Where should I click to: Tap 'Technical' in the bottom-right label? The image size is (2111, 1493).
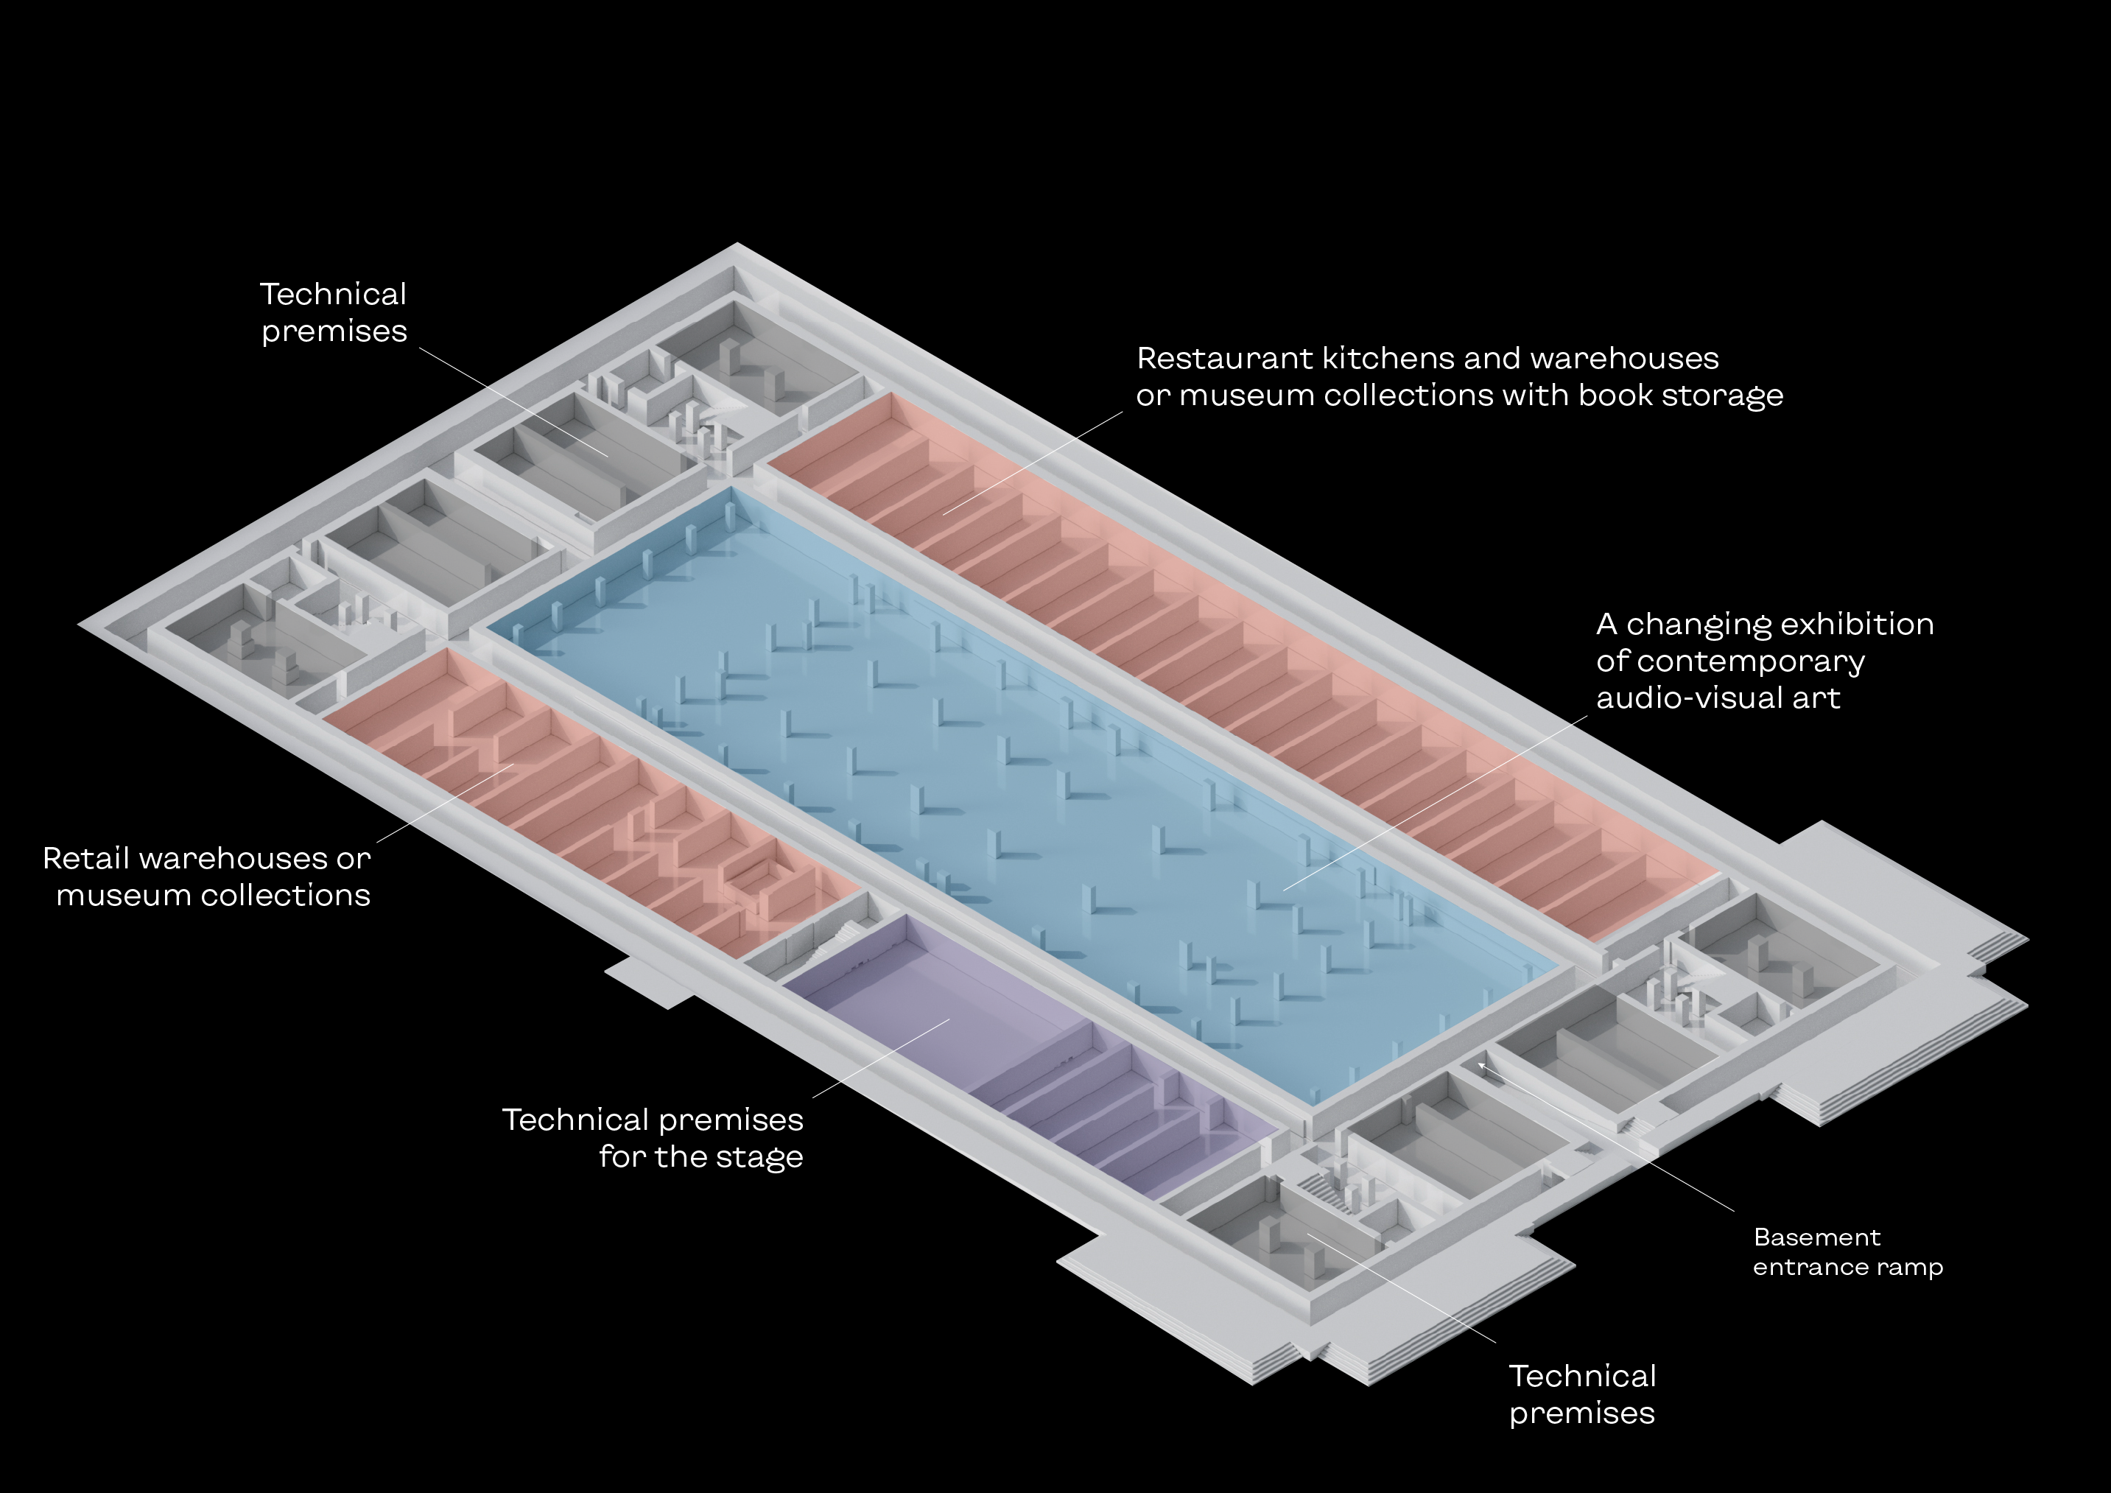click(x=1582, y=1376)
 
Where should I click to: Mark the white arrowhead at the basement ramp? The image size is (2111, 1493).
click(x=1481, y=1066)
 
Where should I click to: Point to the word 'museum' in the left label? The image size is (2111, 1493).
click(x=115, y=896)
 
